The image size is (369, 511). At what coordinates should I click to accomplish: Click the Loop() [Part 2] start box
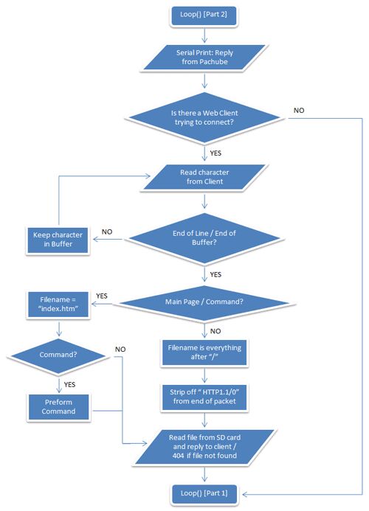[x=204, y=15]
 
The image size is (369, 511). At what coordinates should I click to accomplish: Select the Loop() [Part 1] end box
[x=204, y=493]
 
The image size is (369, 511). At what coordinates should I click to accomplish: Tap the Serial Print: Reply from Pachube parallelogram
[x=204, y=57]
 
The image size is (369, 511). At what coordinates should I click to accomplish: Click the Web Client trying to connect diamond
[x=204, y=118]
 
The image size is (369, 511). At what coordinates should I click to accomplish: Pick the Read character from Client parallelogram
[x=204, y=177]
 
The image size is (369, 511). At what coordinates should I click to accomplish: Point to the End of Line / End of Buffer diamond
[x=204, y=238]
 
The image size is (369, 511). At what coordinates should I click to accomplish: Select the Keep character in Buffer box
[x=58, y=240]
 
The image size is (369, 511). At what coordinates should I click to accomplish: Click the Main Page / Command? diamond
[x=204, y=302]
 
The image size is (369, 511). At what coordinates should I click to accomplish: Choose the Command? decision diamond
[x=58, y=355]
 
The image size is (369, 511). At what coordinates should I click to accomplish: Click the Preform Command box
[x=58, y=407]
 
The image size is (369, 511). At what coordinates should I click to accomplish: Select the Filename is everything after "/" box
[x=204, y=352]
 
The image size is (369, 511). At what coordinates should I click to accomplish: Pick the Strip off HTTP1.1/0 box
[x=204, y=397]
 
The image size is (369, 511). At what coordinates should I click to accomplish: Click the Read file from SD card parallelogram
[x=204, y=446]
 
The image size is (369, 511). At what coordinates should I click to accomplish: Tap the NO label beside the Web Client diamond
[x=299, y=110]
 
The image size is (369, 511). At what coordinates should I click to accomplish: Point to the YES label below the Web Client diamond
[x=215, y=153]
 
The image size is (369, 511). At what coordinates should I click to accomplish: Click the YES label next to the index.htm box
[x=101, y=296]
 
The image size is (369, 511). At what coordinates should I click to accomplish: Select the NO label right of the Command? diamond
[x=120, y=349]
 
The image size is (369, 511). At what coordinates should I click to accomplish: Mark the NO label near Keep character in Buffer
[x=107, y=232]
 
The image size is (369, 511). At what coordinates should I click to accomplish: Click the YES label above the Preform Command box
[x=69, y=384]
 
